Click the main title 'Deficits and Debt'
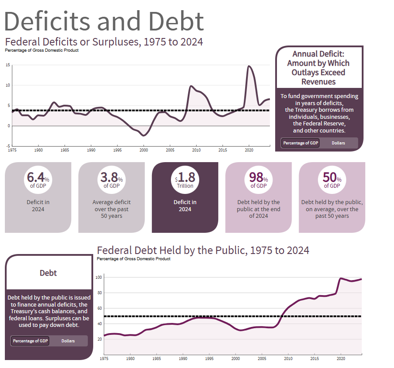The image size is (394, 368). pyautogui.click(x=104, y=20)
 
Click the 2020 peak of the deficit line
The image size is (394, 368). pyautogui.click(x=249, y=66)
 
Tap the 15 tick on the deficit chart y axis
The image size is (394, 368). pyautogui.click(x=8, y=65)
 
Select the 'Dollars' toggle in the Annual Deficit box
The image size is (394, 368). pyautogui.click(x=338, y=143)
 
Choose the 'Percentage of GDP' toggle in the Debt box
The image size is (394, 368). pyautogui.click(x=30, y=341)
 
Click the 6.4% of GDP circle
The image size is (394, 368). pyautogui.click(x=38, y=179)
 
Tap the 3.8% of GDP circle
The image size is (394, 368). pyautogui.click(x=111, y=179)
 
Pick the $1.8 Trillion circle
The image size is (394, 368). pyautogui.click(x=185, y=179)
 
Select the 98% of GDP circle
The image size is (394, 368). pyautogui.click(x=258, y=179)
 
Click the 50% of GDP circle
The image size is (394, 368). pyautogui.click(x=332, y=179)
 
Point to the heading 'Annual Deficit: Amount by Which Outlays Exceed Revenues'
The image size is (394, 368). pyautogui.click(x=319, y=68)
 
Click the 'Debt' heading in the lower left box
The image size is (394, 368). pyautogui.click(x=48, y=273)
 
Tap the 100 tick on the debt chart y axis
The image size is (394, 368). pyautogui.click(x=99, y=277)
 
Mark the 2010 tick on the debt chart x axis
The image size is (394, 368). pyautogui.click(x=288, y=358)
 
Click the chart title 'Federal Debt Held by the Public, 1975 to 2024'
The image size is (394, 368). pyautogui.click(x=203, y=250)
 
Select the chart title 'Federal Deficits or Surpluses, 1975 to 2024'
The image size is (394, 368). pyautogui.click(x=104, y=42)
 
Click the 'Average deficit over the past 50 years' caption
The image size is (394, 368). pyautogui.click(x=111, y=209)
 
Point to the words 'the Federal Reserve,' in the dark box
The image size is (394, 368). pyautogui.click(x=319, y=124)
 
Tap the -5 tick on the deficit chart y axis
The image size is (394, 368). pyautogui.click(x=8, y=146)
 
